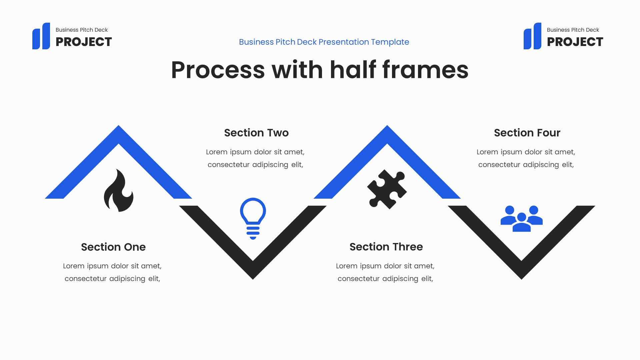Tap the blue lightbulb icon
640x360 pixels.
[x=253, y=218]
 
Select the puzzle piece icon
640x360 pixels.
[x=387, y=189]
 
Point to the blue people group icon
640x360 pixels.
[x=521, y=218]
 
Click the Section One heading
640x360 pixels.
[x=113, y=247]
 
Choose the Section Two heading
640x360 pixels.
[x=256, y=133]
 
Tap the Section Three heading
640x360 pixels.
[x=386, y=247]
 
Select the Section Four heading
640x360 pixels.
[x=527, y=133]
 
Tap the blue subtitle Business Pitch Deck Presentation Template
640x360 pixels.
[x=324, y=42]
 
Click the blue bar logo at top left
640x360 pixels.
[x=41, y=36]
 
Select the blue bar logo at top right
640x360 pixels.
[x=532, y=36]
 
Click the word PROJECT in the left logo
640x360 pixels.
[x=84, y=42]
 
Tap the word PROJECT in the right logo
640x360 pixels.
[x=575, y=42]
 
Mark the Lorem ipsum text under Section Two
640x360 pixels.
[x=255, y=158]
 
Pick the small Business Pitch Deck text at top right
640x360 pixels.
[x=573, y=30]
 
